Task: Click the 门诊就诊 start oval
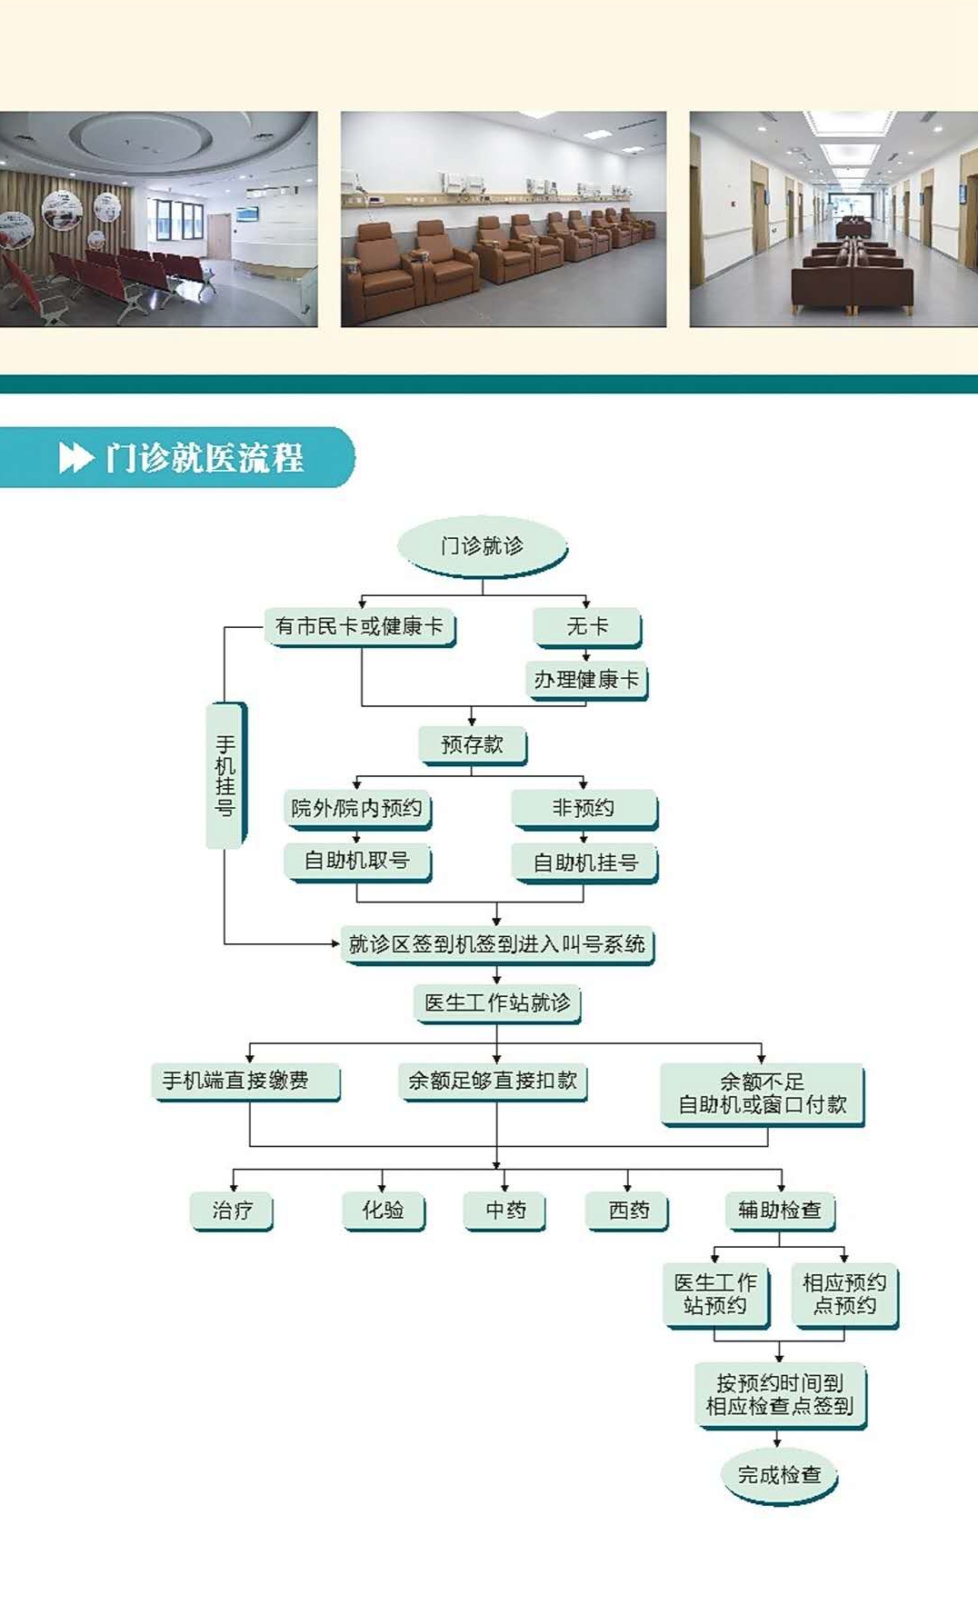483,546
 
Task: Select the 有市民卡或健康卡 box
360,627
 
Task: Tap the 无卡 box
588,627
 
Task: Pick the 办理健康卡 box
587,680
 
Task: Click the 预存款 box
473,745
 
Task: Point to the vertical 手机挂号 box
226,775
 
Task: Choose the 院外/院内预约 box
357,809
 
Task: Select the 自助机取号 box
357,862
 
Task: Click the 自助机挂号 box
585,863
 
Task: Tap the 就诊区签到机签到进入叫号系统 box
497,945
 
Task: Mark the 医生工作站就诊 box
498,1003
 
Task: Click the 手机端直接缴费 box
245,1082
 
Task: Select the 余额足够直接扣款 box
494,1082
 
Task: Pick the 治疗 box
233,1211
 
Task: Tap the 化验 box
384,1211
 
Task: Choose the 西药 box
629,1211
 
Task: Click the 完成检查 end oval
780,1475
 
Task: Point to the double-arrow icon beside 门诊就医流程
76,457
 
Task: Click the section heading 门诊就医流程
204,457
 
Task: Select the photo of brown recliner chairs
504,219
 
